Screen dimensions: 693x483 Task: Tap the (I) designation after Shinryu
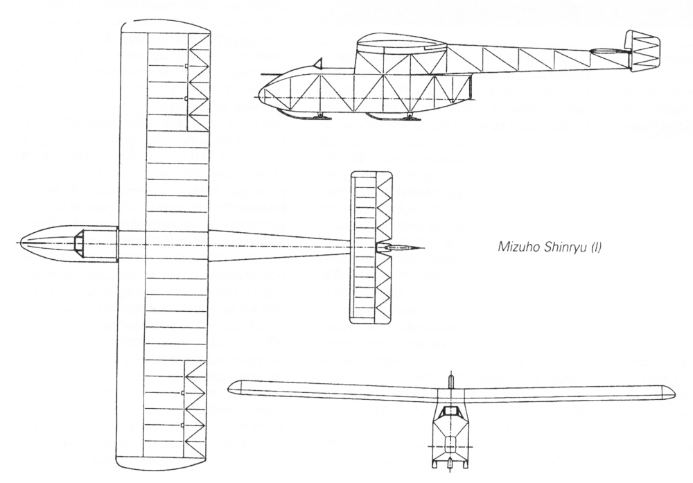coord(596,247)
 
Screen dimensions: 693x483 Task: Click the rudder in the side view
coord(644,51)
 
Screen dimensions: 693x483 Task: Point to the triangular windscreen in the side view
coord(318,64)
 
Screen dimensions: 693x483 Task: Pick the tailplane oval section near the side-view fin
coord(604,52)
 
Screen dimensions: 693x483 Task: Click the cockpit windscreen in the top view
coord(79,243)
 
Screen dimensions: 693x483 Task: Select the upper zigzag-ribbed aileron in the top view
coord(198,82)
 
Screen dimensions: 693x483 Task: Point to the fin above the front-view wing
coord(450,382)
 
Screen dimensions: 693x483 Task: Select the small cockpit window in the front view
coord(450,410)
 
